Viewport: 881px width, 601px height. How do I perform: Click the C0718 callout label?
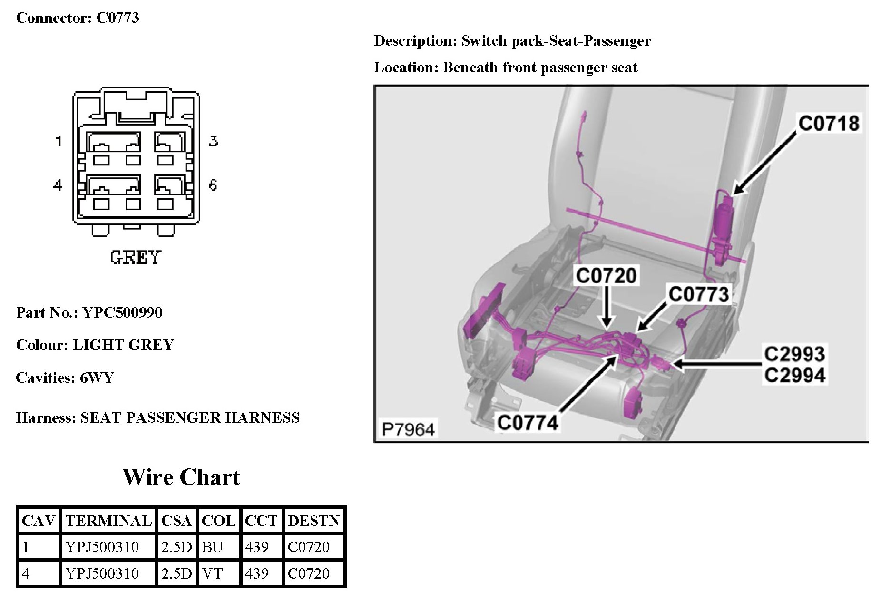pos(829,123)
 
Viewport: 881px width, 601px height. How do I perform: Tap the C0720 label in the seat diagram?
pos(606,276)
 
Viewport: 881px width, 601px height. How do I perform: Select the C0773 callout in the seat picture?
pos(698,294)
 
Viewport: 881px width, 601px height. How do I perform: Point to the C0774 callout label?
pos(528,422)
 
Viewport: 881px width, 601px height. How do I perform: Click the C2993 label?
pos(794,354)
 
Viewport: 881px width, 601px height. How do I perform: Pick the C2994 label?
pos(794,376)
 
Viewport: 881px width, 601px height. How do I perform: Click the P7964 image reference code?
pos(409,429)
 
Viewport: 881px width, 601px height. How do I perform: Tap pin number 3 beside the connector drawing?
pos(214,141)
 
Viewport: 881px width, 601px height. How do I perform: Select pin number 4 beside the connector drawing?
pos(58,184)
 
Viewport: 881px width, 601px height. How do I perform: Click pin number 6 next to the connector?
pos(213,184)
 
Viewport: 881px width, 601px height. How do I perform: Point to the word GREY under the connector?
pos(136,257)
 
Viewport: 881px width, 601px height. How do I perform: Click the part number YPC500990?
pos(122,312)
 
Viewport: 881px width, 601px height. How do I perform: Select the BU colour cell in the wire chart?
pos(212,547)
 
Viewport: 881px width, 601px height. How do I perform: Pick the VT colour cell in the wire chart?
pos(212,573)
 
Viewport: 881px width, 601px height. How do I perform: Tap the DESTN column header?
pos(313,521)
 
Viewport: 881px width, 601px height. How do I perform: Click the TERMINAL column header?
pos(108,521)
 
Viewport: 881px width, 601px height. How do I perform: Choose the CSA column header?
pos(176,521)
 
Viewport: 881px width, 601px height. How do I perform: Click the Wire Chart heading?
pos(181,477)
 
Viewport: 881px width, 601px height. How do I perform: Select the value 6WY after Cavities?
pos(97,378)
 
